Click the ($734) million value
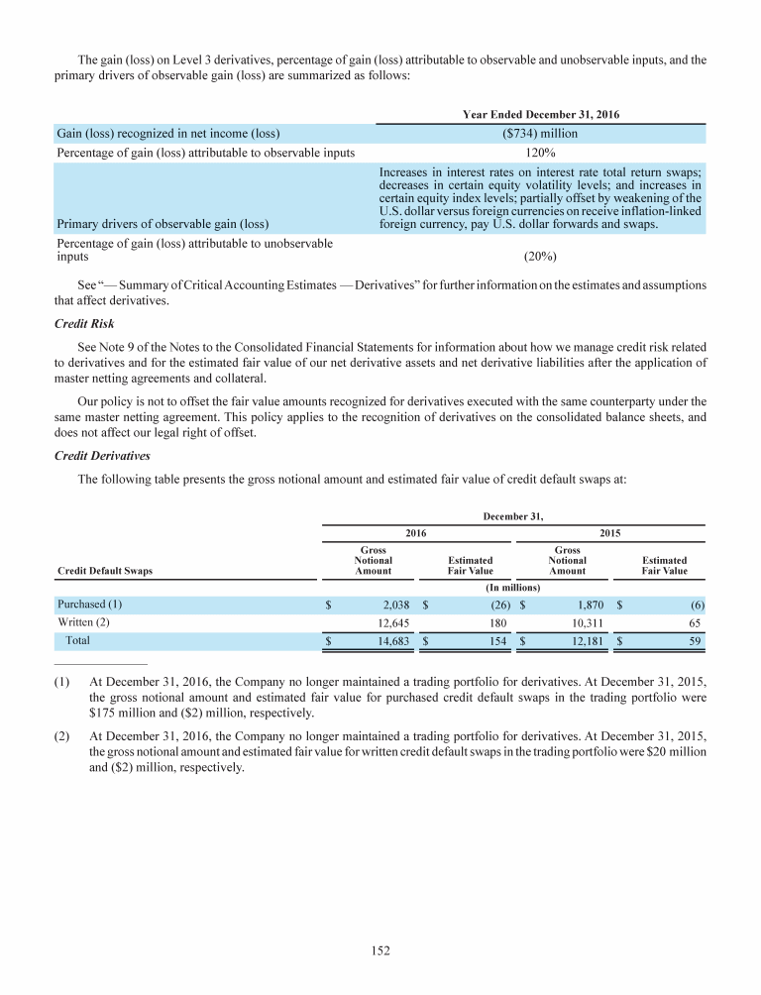pos(540,134)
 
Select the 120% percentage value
pos(540,153)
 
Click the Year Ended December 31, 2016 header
pos(541,114)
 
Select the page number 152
pos(380,951)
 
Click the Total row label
pos(77,641)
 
